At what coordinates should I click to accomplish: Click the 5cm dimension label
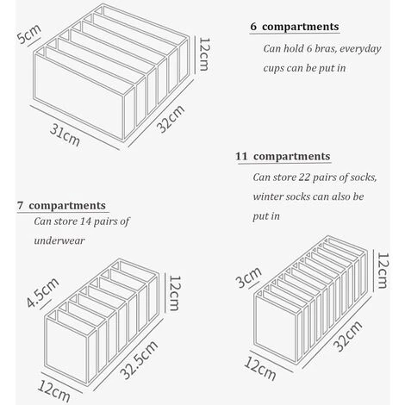[x=29, y=34]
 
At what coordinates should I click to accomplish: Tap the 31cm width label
[x=65, y=134]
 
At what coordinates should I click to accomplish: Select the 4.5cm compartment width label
[x=42, y=292]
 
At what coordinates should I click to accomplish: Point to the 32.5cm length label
[x=139, y=359]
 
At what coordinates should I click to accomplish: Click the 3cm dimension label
[x=249, y=277]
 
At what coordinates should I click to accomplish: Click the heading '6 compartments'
[x=295, y=27]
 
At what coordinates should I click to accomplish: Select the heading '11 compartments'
[x=283, y=157]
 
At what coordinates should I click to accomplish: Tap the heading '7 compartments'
[x=61, y=206]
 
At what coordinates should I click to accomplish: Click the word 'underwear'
[x=59, y=240]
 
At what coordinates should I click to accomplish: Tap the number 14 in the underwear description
[x=86, y=221]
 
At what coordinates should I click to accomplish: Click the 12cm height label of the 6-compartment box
[x=204, y=54]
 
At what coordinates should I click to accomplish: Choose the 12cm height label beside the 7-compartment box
[x=174, y=293]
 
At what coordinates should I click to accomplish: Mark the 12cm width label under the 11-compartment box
[x=260, y=369]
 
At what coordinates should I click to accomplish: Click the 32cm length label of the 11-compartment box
[x=348, y=336]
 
